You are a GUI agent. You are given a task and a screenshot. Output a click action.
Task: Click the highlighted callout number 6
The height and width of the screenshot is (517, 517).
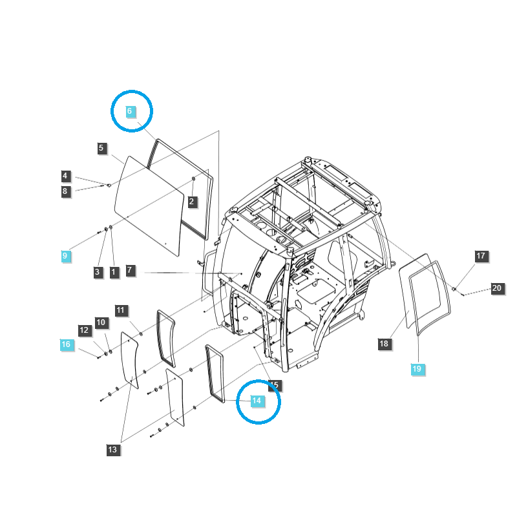[x=129, y=111]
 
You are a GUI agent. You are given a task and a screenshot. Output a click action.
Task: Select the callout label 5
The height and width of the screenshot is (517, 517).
[x=101, y=148]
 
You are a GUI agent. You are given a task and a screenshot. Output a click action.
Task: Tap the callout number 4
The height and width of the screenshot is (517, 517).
[x=65, y=176]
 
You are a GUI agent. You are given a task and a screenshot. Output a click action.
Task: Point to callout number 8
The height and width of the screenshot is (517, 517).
[x=65, y=191]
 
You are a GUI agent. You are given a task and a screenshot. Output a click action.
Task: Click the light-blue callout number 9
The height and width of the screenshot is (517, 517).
[x=65, y=256]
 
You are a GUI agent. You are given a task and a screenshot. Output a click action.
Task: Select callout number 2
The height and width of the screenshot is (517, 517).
[x=192, y=202]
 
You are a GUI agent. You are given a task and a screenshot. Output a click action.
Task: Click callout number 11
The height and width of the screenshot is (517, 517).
[x=121, y=310]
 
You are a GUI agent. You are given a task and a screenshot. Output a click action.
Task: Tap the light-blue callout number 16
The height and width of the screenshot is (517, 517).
[x=66, y=344]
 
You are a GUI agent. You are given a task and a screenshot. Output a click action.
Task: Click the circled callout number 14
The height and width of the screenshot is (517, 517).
[x=257, y=401]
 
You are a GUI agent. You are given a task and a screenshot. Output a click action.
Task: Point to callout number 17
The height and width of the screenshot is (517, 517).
[x=481, y=256]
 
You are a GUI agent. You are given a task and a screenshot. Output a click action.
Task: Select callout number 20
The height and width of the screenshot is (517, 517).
[x=497, y=288]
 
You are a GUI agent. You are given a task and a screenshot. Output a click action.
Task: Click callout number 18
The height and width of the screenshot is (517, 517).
[x=384, y=344]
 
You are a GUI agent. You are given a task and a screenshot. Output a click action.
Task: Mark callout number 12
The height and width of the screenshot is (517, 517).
[x=84, y=330]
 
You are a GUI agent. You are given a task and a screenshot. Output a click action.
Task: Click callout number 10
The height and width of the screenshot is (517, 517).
[x=101, y=322]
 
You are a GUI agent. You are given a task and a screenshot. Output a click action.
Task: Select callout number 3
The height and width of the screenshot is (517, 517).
[x=97, y=272]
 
